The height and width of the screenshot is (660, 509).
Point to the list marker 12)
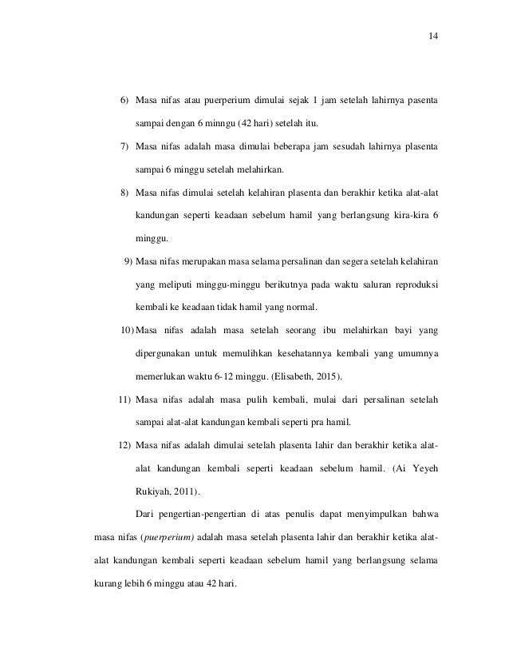[124, 444]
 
